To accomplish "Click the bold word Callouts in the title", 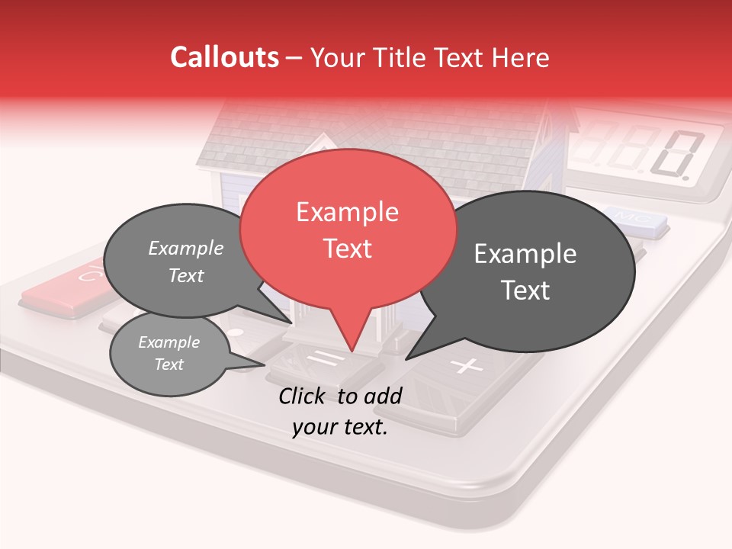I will coord(224,57).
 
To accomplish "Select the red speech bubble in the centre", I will coord(348,229).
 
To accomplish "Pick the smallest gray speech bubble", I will coord(169,354).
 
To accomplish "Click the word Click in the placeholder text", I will coord(303,396).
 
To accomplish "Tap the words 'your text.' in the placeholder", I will coord(340,428).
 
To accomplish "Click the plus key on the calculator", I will coord(466,367).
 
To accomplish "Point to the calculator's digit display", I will coord(648,152).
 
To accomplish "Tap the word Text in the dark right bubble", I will coord(526,291).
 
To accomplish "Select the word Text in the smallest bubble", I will coord(169,364).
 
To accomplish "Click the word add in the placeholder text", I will coord(382,396).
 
